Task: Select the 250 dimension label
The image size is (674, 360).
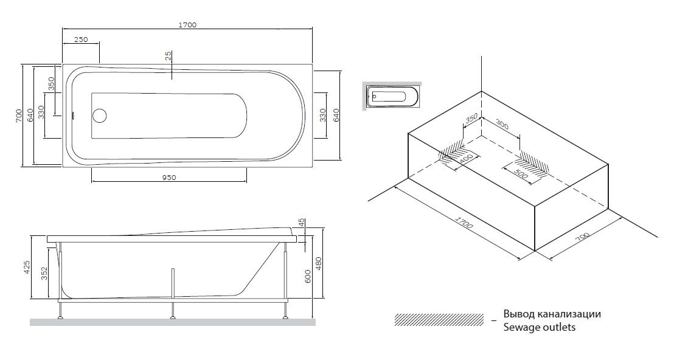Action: point(81,40)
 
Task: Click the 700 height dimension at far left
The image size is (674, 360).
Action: point(19,114)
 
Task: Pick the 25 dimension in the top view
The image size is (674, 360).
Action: point(168,57)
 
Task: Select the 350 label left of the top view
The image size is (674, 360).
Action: point(52,83)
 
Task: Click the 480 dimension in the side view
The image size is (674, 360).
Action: point(319,263)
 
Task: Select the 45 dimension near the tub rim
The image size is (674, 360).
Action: point(301,224)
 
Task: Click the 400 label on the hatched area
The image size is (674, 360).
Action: point(467,159)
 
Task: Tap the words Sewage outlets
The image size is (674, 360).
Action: point(539,327)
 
